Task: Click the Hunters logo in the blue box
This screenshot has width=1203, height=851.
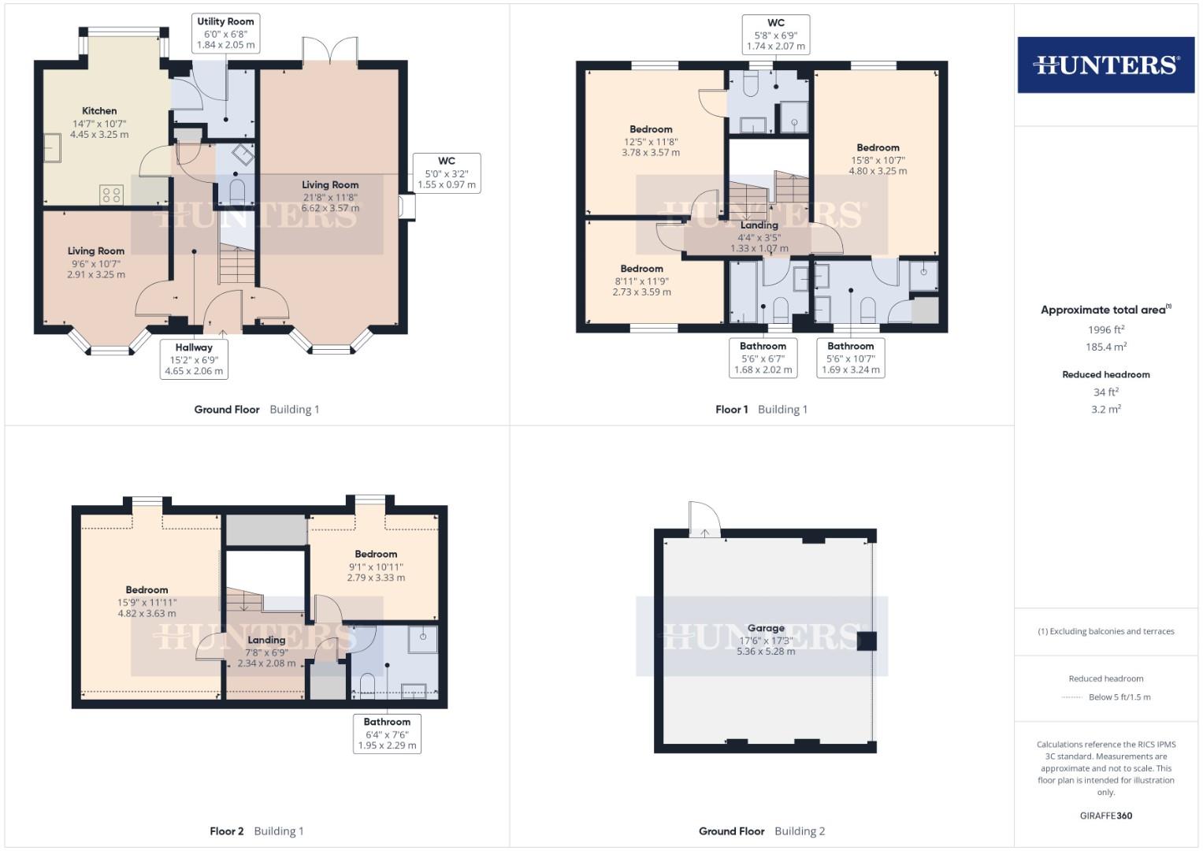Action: point(1106,65)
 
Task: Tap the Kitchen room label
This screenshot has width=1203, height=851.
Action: point(99,111)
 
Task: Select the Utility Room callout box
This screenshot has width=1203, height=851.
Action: point(225,33)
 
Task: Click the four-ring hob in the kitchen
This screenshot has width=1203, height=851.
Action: point(111,195)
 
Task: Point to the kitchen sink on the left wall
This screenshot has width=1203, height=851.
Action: point(52,147)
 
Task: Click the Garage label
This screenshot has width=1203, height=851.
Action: point(766,628)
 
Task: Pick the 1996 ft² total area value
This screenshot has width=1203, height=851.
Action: point(1106,329)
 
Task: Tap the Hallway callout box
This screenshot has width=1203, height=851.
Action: point(194,359)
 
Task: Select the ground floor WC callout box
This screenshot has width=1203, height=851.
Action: point(447,173)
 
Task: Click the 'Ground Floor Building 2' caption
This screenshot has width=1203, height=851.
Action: point(762,831)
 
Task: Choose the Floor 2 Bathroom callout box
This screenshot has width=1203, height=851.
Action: point(388,734)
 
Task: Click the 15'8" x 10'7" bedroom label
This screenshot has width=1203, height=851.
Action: point(878,159)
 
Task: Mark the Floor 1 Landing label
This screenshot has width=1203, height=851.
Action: point(759,225)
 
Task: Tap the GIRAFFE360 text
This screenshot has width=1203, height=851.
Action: point(1106,816)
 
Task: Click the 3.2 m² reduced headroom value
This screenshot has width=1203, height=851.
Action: point(1106,410)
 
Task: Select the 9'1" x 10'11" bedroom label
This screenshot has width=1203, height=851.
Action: point(376,567)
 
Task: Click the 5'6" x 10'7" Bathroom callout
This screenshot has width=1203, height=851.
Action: point(851,358)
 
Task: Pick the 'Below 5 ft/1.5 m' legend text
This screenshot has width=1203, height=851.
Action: point(1119,697)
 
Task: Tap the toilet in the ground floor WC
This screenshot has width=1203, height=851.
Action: point(237,191)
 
